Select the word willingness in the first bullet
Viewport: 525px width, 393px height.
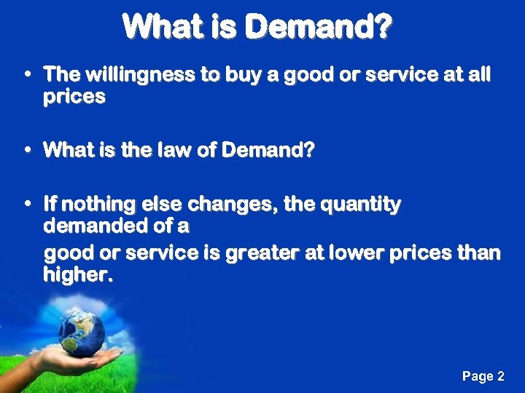click(127, 74)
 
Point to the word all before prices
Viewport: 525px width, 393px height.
click(478, 74)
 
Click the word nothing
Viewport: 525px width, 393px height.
click(100, 205)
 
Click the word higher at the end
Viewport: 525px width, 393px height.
click(77, 275)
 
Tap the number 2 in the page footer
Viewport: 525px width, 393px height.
click(500, 376)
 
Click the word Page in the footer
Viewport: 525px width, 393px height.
click(477, 376)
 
